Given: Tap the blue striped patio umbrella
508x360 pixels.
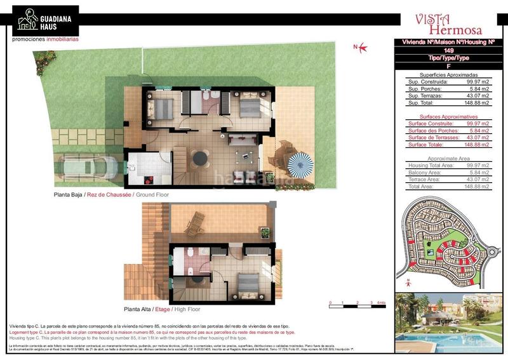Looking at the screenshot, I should pyautogui.click(x=301, y=164).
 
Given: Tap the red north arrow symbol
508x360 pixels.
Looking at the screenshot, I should pyautogui.click(x=360, y=46).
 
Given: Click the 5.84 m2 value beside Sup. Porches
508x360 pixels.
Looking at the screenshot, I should pyautogui.click(x=477, y=88).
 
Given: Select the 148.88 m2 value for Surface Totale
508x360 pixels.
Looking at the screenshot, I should pyautogui.click(x=477, y=144).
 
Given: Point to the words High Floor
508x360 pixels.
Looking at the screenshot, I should pyautogui.click(x=187, y=309).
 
